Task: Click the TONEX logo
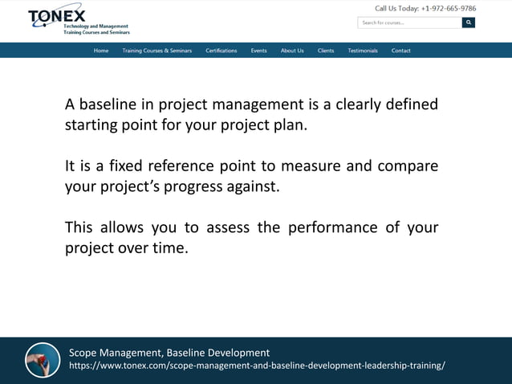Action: coord(56,18)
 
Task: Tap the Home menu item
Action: coord(101,51)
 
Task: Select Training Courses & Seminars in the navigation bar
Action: coord(157,51)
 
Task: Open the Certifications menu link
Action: coord(221,51)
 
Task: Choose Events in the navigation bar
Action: coord(258,51)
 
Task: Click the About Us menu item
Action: coord(292,51)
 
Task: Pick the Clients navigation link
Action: coord(326,51)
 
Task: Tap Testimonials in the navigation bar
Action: coord(363,51)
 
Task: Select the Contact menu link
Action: coord(401,51)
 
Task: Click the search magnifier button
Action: coord(469,22)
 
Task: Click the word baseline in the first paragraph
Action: coord(106,105)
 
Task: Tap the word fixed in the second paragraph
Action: coord(120,166)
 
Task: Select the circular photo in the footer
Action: coord(43,360)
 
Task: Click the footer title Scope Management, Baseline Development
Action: coord(169,353)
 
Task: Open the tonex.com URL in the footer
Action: coord(257,366)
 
